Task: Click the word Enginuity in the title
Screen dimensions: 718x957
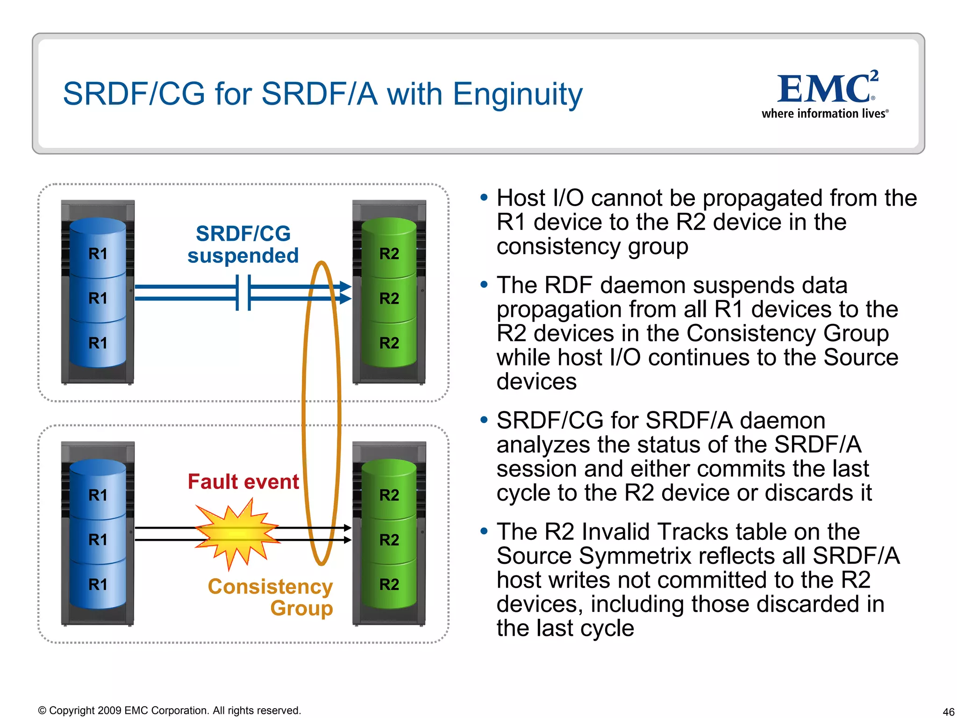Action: pos(518,94)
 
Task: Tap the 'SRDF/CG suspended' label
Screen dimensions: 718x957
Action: pos(243,244)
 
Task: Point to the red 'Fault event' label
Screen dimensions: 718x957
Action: pos(243,482)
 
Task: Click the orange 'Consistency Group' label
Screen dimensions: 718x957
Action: pos(271,597)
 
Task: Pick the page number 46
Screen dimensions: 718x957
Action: pos(948,711)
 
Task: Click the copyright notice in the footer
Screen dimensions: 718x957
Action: pos(169,711)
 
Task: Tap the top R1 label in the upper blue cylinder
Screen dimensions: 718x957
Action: pos(98,254)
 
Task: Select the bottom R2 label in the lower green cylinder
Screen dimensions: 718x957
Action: pos(389,584)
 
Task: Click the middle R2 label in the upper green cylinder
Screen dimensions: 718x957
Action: pos(389,298)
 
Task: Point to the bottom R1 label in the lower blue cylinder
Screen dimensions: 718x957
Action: pos(98,584)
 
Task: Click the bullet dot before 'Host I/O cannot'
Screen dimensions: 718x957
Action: pos(484,198)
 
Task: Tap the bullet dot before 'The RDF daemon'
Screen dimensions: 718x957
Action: pos(484,285)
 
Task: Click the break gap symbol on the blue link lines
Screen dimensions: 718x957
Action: pos(243,293)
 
